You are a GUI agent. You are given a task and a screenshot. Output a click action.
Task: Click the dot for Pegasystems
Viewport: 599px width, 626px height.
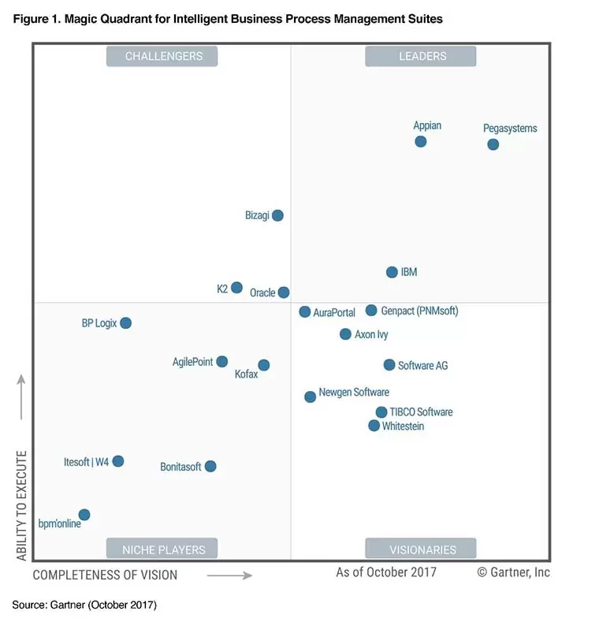point(493,144)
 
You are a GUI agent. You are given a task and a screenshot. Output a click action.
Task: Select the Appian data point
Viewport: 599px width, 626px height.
point(421,142)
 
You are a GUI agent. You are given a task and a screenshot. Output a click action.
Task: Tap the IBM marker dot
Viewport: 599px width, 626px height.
point(392,272)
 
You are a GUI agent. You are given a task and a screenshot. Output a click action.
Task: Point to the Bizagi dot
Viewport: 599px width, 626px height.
point(277,215)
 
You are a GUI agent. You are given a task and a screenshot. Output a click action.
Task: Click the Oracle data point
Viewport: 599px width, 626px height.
point(284,293)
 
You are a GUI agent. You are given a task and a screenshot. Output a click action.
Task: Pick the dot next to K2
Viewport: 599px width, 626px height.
point(236,288)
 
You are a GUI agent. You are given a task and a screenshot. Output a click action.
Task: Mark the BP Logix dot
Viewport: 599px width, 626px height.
point(125,323)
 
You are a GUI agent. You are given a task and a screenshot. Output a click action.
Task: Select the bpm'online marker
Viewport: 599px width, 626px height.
point(84,515)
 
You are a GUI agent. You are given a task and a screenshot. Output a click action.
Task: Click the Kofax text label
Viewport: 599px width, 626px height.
point(246,374)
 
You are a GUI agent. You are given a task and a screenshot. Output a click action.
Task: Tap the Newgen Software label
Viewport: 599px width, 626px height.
point(354,393)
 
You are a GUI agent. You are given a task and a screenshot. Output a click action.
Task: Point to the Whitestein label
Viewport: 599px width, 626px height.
point(403,427)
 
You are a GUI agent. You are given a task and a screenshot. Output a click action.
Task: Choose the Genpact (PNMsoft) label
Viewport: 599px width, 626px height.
point(420,311)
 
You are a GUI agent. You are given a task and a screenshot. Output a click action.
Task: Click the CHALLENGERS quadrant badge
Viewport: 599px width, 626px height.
point(162,56)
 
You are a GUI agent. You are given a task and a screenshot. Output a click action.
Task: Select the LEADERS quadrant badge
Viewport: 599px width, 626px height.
point(421,56)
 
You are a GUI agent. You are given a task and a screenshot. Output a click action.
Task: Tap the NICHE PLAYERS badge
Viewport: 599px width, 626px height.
point(162,549)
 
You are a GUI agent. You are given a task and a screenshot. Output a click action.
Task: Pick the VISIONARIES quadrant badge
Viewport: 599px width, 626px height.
point(421,549)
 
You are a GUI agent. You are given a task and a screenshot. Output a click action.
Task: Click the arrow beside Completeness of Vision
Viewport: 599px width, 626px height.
point(229,576)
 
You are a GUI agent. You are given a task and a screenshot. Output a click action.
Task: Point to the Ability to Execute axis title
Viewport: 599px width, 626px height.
point(21,506)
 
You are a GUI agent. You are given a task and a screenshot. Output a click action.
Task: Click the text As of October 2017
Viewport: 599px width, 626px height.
point(386,572)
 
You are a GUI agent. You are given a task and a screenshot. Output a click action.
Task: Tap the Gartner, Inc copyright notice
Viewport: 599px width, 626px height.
point(514,572)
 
